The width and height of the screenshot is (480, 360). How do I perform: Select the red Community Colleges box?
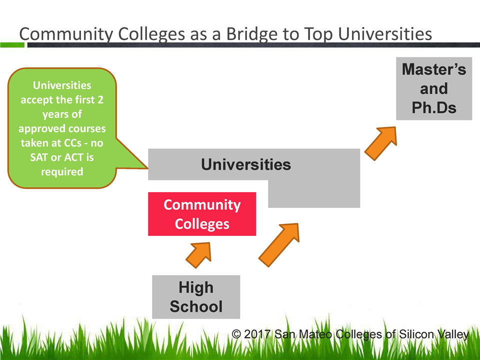pos(202,214)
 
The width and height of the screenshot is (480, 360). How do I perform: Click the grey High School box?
pos(196,297)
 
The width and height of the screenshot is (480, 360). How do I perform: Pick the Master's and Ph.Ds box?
pos(433,89)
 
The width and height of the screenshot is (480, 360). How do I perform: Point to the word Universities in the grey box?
pos(245,164)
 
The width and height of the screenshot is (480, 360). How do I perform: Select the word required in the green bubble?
pos(62,171)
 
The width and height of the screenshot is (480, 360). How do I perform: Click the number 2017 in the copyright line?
pos(257,334)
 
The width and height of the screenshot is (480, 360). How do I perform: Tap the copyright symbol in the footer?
pos(236,334)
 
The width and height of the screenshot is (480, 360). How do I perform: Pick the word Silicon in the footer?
pos(416,334)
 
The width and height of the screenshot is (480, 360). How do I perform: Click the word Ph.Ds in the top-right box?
pos(433,108)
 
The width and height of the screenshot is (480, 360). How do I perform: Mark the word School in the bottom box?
pos(196,306)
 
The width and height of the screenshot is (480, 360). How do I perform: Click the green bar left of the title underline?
pos(12,45)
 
